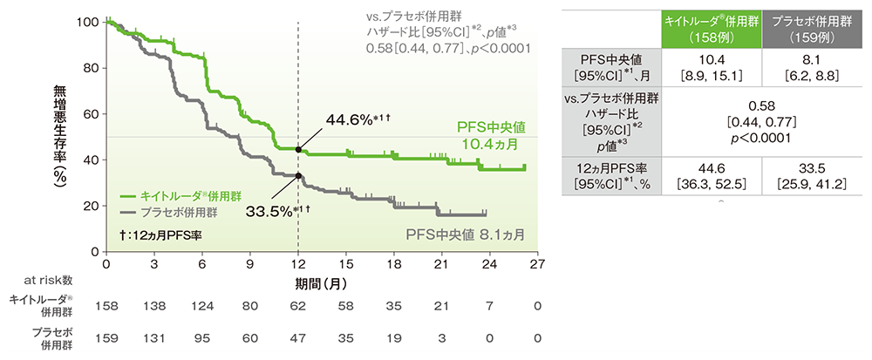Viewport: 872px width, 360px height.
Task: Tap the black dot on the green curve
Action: point(298,149)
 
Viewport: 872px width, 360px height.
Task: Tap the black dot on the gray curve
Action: point(298,175)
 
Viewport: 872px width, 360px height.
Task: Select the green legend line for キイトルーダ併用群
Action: point(132,196)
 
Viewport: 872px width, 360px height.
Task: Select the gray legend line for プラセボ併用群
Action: point(132,212)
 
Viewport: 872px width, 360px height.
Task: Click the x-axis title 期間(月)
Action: point(322,283)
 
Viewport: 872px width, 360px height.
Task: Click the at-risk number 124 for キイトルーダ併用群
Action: point(202,308)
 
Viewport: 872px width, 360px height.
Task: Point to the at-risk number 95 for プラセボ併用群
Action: point(202,338)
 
